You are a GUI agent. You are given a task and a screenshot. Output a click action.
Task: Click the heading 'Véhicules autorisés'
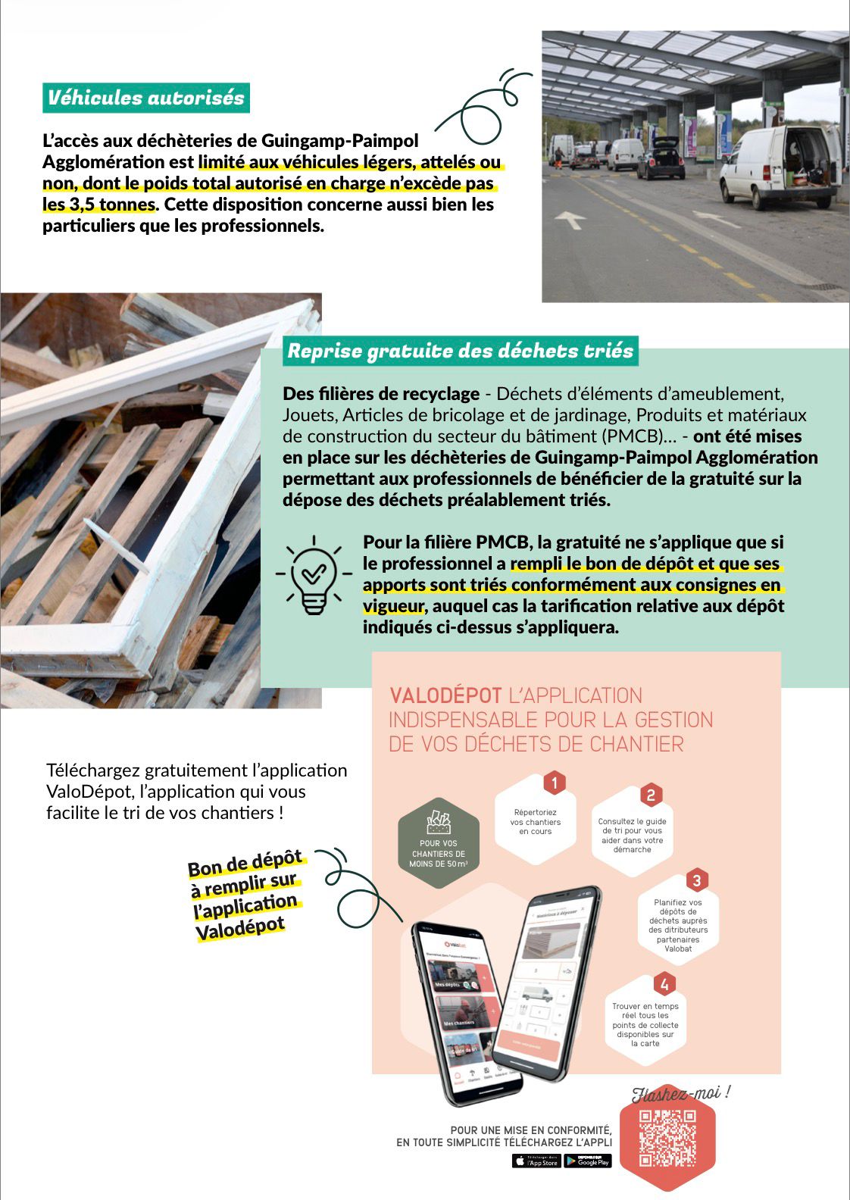(x=145, y=98)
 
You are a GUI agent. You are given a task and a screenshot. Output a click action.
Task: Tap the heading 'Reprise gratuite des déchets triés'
(x=460, y=351)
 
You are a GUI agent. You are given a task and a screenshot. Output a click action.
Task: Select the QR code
(x=667, y=1138)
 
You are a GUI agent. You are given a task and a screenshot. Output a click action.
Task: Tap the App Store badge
(x=536, y=1161)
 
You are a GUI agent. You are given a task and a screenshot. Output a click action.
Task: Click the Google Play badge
(x=588, y=1161)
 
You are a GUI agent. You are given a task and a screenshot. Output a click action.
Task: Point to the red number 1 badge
(x=555, y=783)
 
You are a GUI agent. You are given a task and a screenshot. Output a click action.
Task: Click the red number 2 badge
(x=650, y=795)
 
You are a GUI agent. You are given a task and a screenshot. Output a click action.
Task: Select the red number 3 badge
(x=696, y=880)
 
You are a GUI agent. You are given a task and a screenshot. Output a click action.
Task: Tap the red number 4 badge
(x=664, y=984)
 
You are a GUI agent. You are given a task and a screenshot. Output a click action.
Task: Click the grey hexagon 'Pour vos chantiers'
(x=439, y=842)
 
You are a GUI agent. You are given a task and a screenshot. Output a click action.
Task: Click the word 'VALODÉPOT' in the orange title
(x=445, y=695)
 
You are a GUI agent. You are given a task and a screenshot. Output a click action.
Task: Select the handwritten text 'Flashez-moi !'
(x=681, y=1093)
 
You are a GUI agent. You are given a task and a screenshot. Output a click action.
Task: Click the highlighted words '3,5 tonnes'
(x=99, y=205)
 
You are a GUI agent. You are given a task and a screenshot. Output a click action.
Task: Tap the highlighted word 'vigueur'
(x=392, y=606)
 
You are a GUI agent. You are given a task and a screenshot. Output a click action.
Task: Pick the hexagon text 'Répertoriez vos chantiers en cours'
(x=536, y=822)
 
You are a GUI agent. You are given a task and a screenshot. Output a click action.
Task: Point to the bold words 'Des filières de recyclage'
(x=381, y=394)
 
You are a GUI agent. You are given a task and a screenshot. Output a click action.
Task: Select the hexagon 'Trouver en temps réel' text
(x=645, y=1024)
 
